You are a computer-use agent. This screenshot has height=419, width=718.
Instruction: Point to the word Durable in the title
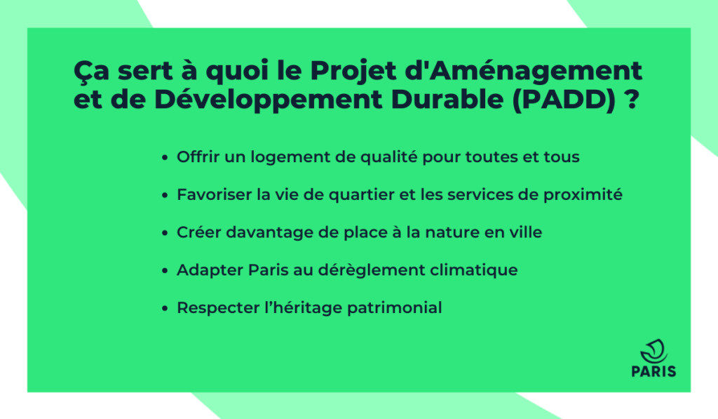[x=447, y=100]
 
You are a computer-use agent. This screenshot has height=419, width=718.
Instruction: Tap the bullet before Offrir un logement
[x=165, y=158]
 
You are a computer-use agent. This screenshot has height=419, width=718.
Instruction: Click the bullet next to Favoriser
[x=165, y=195]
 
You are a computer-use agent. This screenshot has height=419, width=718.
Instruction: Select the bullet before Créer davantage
[x=165, y=233]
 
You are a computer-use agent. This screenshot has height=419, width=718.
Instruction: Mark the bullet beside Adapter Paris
[x=165, y=270]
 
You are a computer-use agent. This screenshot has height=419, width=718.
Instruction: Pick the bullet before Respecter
[x=165, y=308]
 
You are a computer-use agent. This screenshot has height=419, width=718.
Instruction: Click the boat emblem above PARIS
[x=653, y=351]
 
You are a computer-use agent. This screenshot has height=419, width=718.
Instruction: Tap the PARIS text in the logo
[x=653, y=371]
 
